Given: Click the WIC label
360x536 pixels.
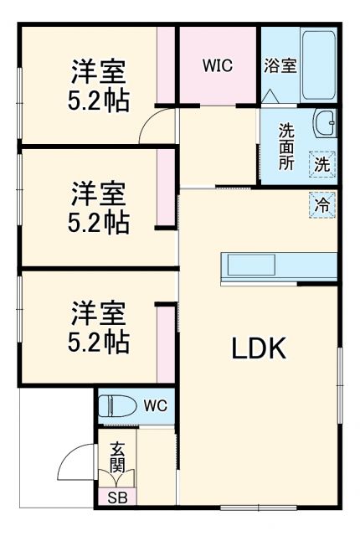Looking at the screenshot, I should click(217, 65).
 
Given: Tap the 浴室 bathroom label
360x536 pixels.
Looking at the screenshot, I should click(280, 65).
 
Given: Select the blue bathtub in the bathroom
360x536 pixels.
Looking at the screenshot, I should click(319, 64).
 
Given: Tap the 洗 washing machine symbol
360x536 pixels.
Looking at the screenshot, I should click(322, 164).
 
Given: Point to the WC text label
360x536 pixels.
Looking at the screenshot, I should click(155, 407).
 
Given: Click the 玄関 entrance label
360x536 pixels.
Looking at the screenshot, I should click(116, 458).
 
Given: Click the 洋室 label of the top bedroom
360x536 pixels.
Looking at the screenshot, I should click(97, 69).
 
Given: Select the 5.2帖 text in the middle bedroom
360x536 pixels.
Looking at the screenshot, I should click(98, 224).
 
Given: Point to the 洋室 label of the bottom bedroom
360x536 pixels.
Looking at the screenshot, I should click(97, 314).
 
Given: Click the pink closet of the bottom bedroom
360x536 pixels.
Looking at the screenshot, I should click(167, 343).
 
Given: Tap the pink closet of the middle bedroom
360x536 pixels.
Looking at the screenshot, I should click(167, 188).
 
